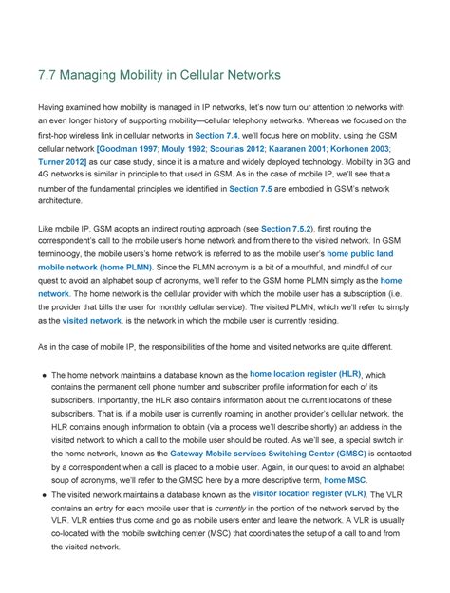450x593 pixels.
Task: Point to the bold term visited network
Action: point(92,322)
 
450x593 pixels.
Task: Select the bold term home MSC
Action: point(346,481)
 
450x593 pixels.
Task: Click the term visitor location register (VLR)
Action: point(309,494)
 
